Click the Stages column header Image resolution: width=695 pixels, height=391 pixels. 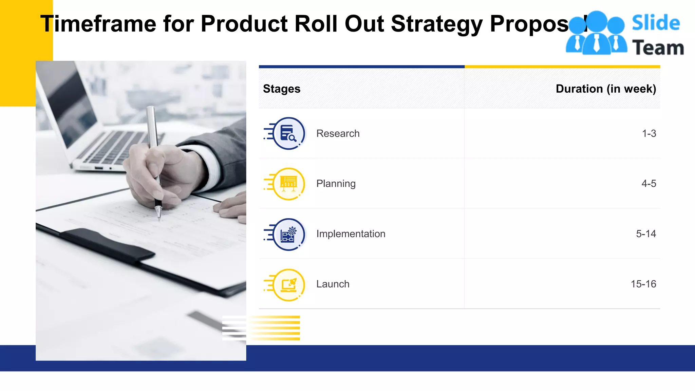[282, 89]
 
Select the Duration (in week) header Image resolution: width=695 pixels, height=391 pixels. [606, 89]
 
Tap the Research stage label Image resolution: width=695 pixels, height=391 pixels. [338, 133]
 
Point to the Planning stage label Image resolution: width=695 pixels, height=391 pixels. [336, 184]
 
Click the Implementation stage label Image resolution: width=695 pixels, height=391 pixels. [351, 234]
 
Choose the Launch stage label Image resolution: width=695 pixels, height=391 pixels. [333, 284]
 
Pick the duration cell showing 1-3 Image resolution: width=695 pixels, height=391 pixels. [649, 133]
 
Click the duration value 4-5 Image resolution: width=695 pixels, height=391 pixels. [649, 184]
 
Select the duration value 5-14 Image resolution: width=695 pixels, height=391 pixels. [646, 234]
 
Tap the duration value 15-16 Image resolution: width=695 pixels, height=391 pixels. [643, 284]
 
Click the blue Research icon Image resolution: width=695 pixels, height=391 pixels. [288, 133]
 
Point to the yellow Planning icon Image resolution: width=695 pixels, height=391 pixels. [288, 184]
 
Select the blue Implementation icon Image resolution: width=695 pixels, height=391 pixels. [288, 234]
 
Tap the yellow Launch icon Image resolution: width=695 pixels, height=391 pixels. [288, 285]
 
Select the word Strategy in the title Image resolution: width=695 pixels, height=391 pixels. [436, 24]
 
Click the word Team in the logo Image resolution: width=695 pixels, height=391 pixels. [658, 48]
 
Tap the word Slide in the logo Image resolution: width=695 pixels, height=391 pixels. [656, 23]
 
